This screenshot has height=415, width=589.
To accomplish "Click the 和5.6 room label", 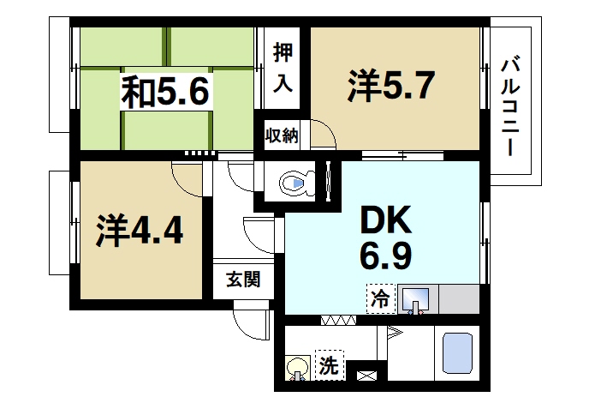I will [x=166, y=91].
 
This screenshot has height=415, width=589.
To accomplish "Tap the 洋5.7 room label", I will [x=393, y=86].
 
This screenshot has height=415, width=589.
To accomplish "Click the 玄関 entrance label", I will [x=242, y=280].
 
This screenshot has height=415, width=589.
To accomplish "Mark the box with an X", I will [x=366, y=373].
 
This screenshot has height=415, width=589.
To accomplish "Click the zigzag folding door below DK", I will [x=338, y=320].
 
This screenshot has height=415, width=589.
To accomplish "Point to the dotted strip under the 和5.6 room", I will [x=201, y=153].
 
